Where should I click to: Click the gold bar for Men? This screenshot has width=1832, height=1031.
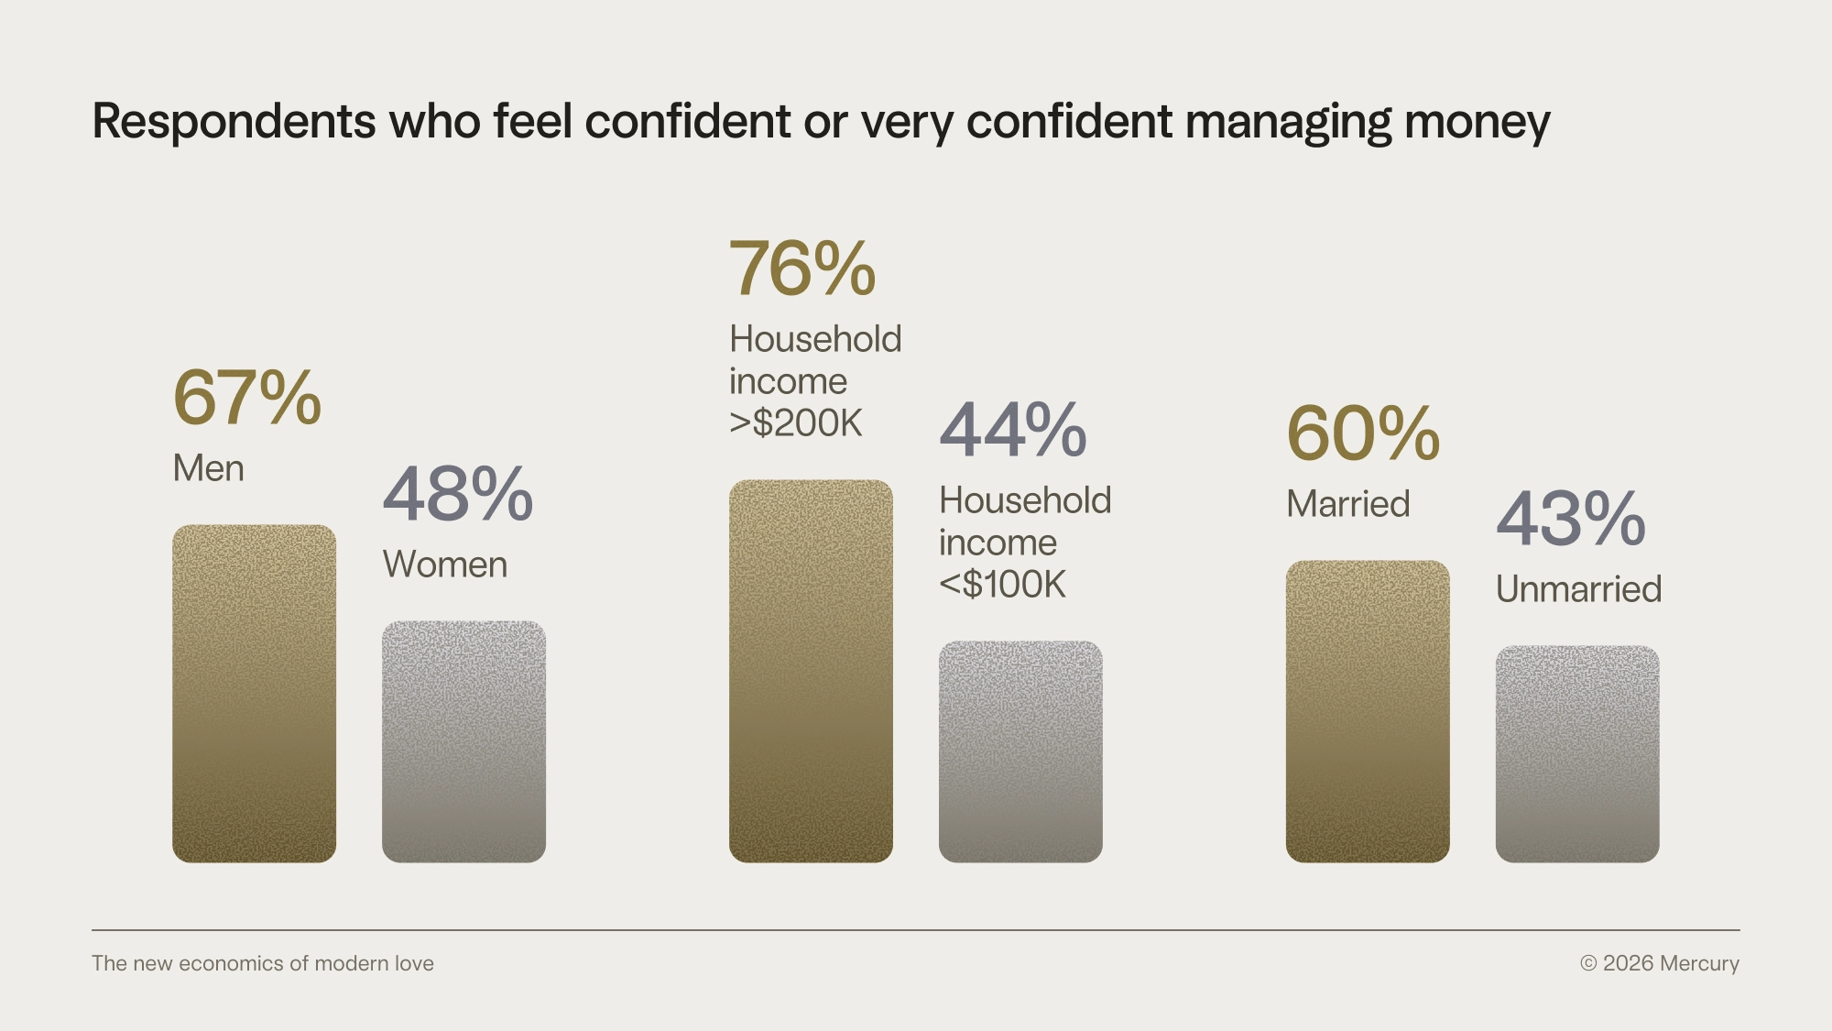[254, 693]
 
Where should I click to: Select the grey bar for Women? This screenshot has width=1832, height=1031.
[463, 741]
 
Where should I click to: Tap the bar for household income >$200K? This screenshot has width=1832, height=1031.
[811, 671]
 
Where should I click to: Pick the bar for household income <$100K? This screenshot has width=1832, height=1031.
[1020, 751]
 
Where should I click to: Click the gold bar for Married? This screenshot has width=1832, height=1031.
[1368, 711]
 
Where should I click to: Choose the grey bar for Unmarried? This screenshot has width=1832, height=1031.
[1577, 753]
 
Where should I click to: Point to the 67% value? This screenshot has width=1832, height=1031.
[247, 399]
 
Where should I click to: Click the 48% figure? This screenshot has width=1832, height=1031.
[457, 495]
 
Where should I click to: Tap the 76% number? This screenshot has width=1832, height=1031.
[802, 269]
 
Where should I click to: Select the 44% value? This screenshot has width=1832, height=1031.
[1013, 431]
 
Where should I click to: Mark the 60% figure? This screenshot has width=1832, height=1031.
[1363, 434]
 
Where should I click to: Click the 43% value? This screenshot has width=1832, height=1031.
[1571, 520]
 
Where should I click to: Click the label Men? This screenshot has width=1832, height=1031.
[209, 468]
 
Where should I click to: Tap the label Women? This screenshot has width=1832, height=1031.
[445, 565]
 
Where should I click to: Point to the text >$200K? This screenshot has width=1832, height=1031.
[796, 423]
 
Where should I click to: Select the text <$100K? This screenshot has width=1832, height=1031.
[1003, 585]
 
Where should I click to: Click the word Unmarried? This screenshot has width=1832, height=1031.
[1578, 589]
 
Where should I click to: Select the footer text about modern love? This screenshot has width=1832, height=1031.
[263, 963]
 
